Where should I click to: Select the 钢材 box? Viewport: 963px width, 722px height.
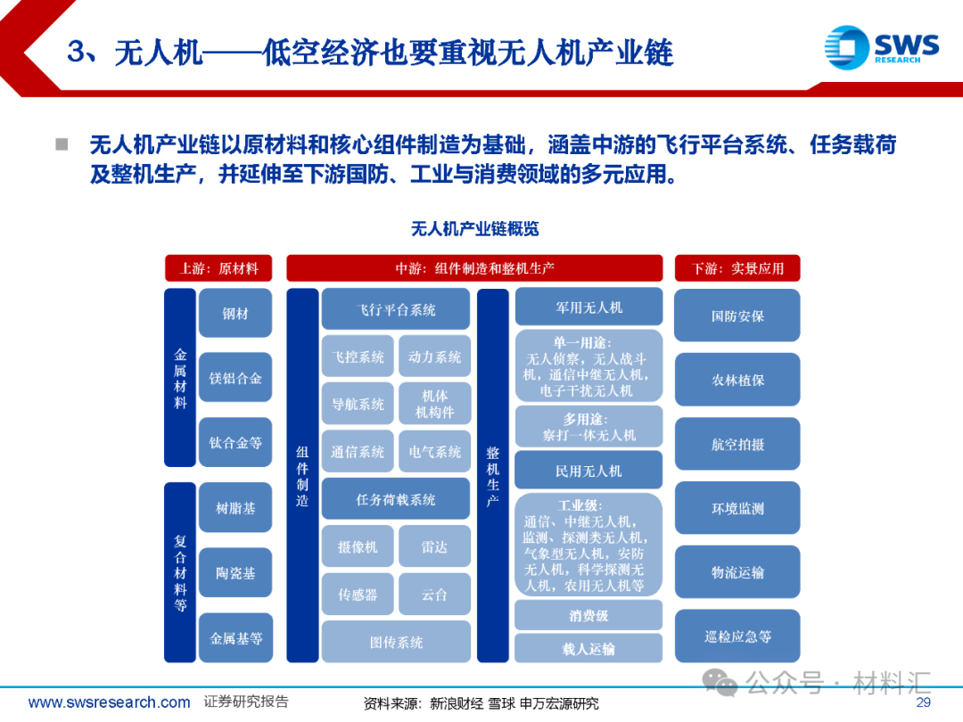tap(235, 314)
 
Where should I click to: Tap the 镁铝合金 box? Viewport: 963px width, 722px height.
tap(235, 378)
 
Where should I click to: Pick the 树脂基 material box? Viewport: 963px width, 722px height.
tap(235, 508)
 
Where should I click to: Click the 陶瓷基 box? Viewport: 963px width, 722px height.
tap(235, 573)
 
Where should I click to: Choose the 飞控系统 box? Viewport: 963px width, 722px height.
tap(358, 357)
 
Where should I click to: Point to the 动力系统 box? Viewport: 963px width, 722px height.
tap(434, 357)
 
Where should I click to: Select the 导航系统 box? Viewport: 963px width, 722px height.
tap(358, 405)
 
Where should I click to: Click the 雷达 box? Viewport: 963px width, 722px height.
tap(434, 547)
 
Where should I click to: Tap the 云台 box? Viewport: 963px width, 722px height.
tap(434, 595)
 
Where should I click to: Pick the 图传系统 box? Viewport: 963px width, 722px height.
tap(396, 642)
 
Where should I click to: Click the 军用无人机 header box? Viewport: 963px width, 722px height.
tap(588, 308)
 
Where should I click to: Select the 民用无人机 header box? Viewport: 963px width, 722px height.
tap(588, 471)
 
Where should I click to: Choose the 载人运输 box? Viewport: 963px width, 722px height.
tap(588, 649)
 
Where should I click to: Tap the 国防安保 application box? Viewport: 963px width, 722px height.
tap(737, 316)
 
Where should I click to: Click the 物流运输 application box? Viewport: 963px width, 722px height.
tap(737, 572)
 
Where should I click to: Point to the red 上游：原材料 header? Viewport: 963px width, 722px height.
tap(219, 268)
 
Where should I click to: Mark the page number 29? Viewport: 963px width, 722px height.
tap(923, 702)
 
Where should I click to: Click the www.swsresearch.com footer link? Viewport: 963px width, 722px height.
tap(109, 702)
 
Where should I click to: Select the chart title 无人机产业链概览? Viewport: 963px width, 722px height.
tap(474, 229)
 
